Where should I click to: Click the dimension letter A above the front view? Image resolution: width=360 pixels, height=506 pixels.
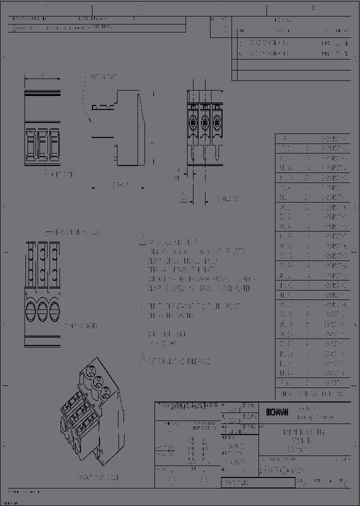click(42, 73)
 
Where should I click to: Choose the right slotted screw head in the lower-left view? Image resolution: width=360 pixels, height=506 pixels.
click(55, 306)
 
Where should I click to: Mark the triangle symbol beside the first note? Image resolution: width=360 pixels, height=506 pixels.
click(142, 239)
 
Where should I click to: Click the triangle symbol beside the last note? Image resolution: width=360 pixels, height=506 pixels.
click(142, 358)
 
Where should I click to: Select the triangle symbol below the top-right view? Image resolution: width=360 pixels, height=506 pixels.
click(184, 196)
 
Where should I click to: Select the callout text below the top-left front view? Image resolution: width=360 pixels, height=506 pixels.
click(63, 174)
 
